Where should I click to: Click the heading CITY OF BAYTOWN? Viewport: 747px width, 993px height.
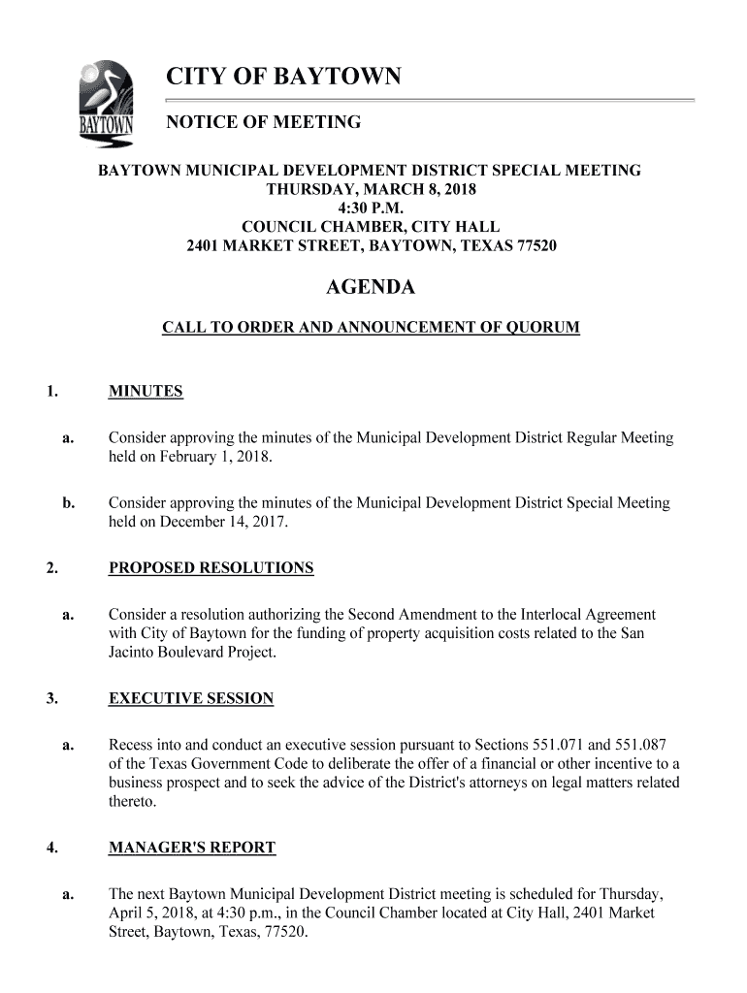coord(283,77)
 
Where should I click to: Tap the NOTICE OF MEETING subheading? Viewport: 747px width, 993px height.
coord(264,122)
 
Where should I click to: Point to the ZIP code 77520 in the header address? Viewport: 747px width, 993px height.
coord(536,245)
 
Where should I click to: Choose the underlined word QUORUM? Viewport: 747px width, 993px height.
coord(538,328)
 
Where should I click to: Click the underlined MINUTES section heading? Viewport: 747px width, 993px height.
coord(146,392)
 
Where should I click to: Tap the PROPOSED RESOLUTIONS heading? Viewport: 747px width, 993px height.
coord(211,568)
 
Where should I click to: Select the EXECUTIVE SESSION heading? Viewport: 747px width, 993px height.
coord(190,698)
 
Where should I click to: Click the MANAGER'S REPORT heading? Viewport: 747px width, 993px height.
coord(191,848)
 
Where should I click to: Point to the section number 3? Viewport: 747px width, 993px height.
coord(49,698)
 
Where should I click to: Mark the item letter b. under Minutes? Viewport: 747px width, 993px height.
coord(68,503)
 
